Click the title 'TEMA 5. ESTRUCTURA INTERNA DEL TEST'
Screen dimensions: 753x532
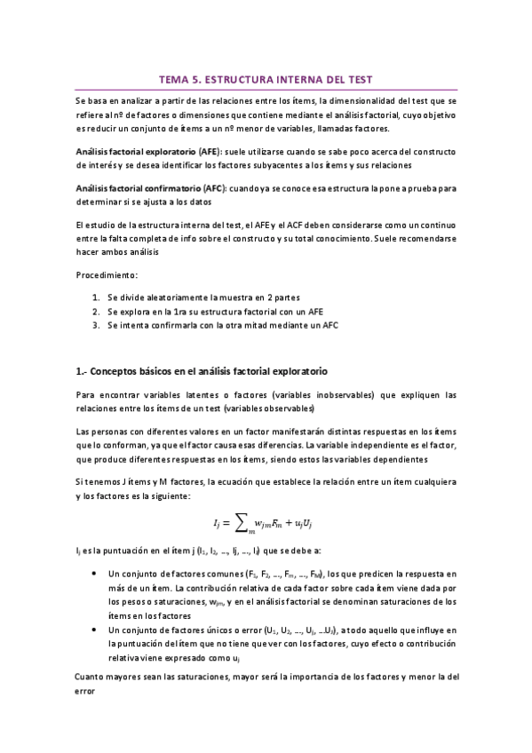click(266, 78)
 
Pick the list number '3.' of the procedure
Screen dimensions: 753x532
click(96, 326)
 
